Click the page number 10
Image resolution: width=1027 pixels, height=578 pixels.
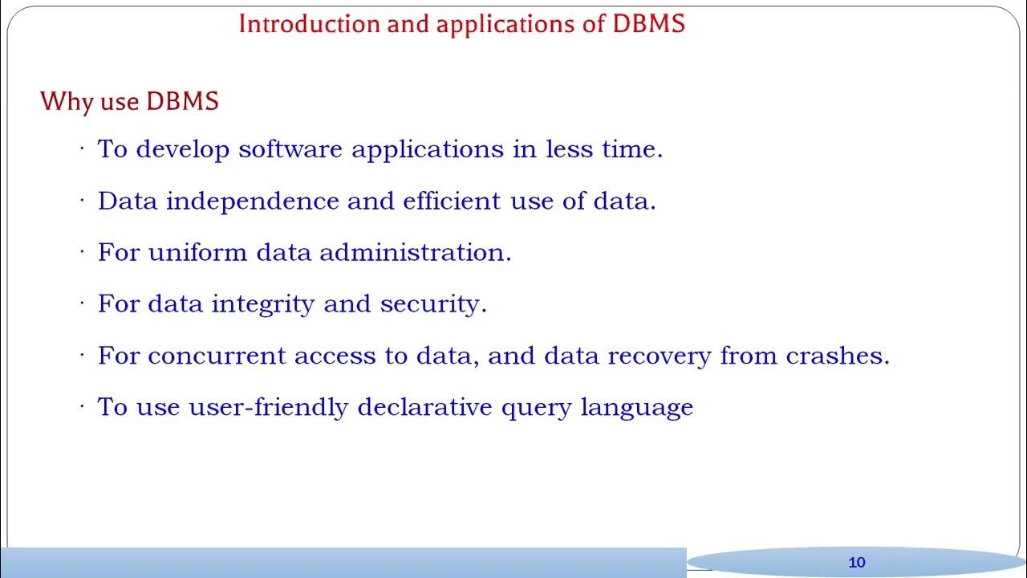point(857,562)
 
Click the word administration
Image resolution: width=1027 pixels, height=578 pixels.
point(415,252)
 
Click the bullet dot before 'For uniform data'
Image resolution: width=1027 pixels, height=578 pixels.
point(82,251)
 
